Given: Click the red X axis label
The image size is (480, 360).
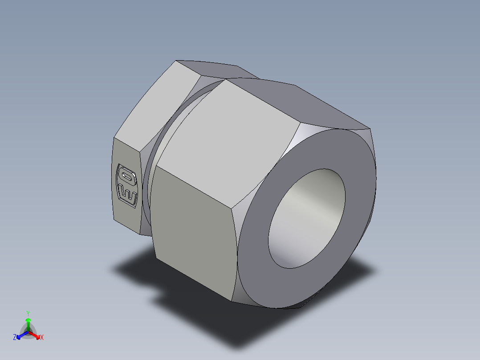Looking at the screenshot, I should click(x=42, y=337).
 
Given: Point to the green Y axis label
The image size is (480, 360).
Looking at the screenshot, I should click(x=28, y=313).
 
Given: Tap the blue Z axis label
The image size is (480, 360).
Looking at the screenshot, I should click(x=15, y=337).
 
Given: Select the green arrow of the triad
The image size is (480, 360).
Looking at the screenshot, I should click(x=28, y=322).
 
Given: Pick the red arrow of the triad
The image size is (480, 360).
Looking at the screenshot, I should click(x=36, y=335).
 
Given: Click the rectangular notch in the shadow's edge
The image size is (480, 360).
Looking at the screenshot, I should click(x=158, y=295).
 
